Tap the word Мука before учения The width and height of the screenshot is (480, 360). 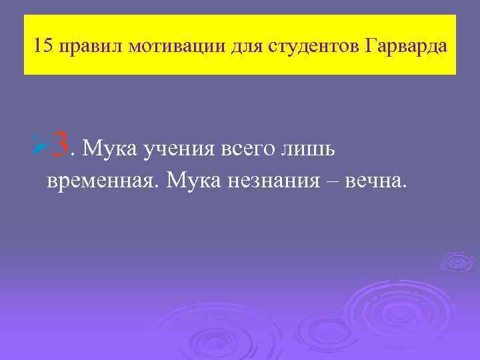pos(109,147)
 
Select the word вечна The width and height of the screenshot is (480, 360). pos(373,180)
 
